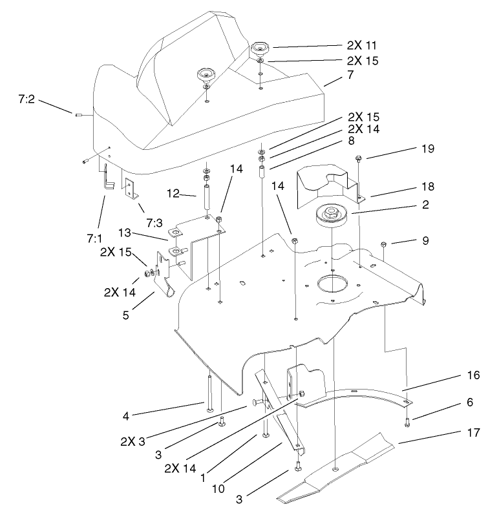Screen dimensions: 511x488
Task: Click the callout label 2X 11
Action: [361, 46]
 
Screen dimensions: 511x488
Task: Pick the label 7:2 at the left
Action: [27, 99]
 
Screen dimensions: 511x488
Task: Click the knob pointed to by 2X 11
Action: [262, 48]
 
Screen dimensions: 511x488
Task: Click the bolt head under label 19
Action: [358, 158]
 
